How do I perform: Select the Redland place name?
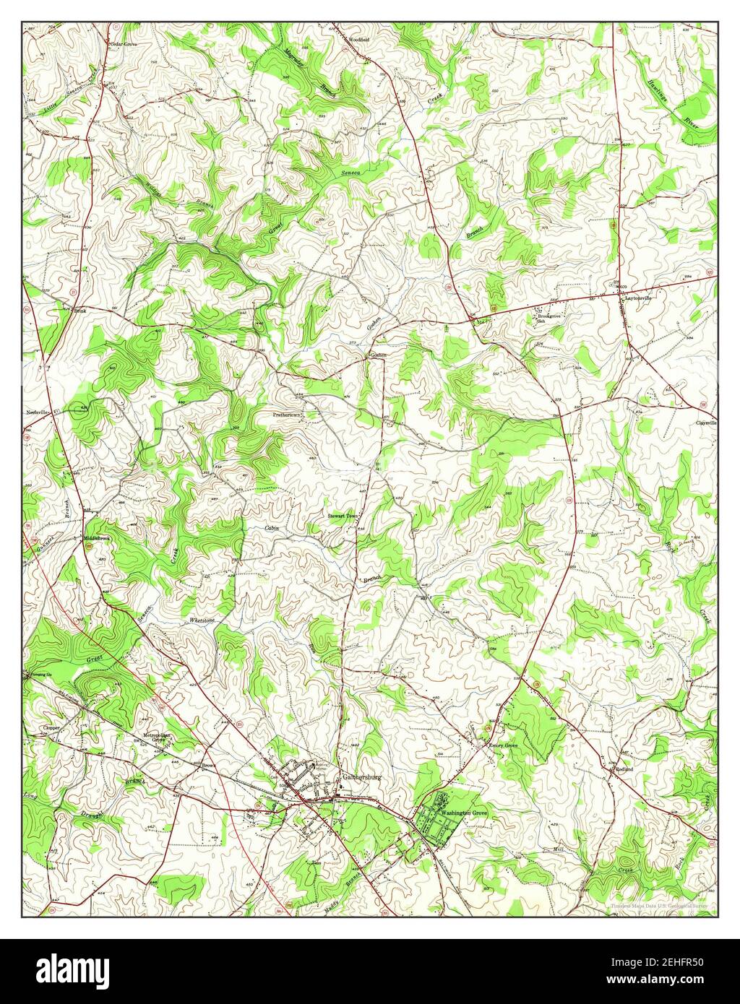[x=624, y=770]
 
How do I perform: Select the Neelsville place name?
[x=38, y=412]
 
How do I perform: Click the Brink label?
[x=81, y=311]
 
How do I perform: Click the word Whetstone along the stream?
[x=202, y=620]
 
